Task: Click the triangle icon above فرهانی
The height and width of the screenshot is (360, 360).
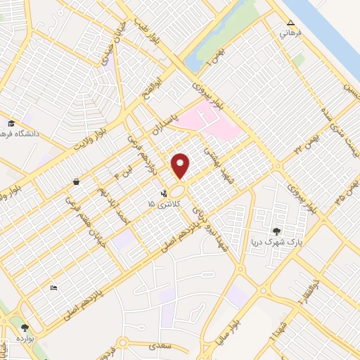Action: point(290,22)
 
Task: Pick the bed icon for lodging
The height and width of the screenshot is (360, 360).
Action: point(53,288)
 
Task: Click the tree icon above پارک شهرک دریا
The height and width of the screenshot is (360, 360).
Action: point(276,231)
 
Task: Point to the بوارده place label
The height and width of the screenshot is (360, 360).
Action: point(26,337)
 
